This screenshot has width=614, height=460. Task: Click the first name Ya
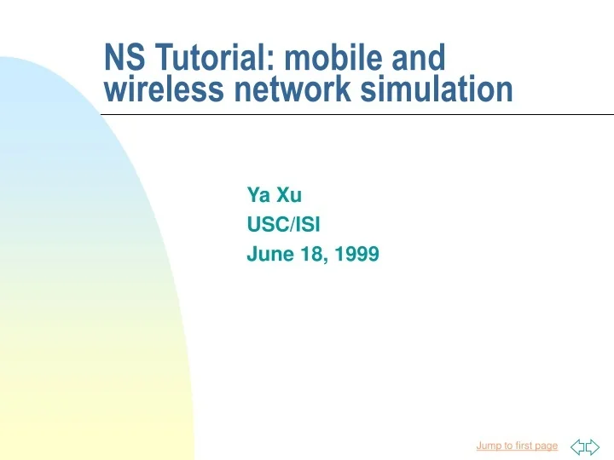258,195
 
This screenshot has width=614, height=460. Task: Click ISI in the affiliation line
304,224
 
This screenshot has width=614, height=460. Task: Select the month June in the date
266,253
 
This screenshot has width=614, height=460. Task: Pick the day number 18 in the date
306,253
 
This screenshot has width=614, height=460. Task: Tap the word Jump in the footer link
489,446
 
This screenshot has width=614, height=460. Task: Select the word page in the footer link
547,446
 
